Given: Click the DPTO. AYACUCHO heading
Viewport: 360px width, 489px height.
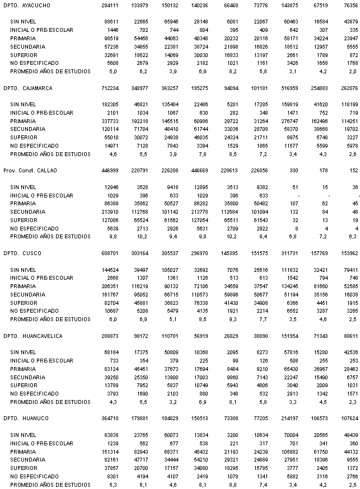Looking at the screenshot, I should pyautogui.click(x=27, y=5).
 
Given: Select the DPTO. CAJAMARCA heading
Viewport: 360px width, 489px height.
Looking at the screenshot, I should pyautogui.click(x=29, y=88).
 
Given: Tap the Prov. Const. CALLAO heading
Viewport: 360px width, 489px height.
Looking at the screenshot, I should pyautogui.click(x=30, y=170).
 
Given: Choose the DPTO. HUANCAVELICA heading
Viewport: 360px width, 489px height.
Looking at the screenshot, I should pyautogui.click(x=32, y=336).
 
